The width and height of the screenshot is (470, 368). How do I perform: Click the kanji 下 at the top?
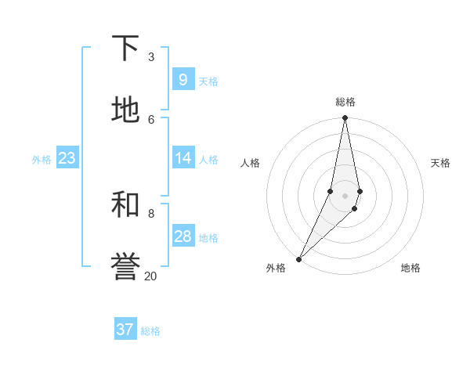(x=125, y=49)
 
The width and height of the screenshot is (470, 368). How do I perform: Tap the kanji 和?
(x=125, y=204)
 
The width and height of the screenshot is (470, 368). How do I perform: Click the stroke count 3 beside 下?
(x=151, y=56)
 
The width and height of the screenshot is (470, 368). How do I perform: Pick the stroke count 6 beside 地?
(x=151, y=119)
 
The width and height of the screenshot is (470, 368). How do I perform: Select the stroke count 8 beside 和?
(x=151, y=213)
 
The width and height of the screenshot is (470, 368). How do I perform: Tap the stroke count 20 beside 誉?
(x=150, y=276)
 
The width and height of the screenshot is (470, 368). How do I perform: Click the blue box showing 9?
(x=183, y=79)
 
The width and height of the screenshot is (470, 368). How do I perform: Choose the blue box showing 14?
(x=183, y=158)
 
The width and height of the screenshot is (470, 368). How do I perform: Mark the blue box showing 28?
(x=183, y=236)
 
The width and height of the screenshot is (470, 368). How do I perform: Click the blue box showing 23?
(x=67, y=158)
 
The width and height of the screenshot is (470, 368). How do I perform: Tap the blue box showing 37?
(x=125, y=330)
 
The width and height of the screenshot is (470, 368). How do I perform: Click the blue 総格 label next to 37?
(x=150, y=331)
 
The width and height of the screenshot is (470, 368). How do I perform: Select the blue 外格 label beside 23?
(x=42, y=160)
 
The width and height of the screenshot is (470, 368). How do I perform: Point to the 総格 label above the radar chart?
(x=345, y=102)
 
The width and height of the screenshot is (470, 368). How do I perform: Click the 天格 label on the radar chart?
(x=440, y=163)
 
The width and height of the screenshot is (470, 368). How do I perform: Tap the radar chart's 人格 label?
(x=251, y=163)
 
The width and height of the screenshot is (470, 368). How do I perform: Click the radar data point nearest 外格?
(x=299, y=258)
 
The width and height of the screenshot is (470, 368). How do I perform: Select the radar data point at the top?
(x=345, y=118)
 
